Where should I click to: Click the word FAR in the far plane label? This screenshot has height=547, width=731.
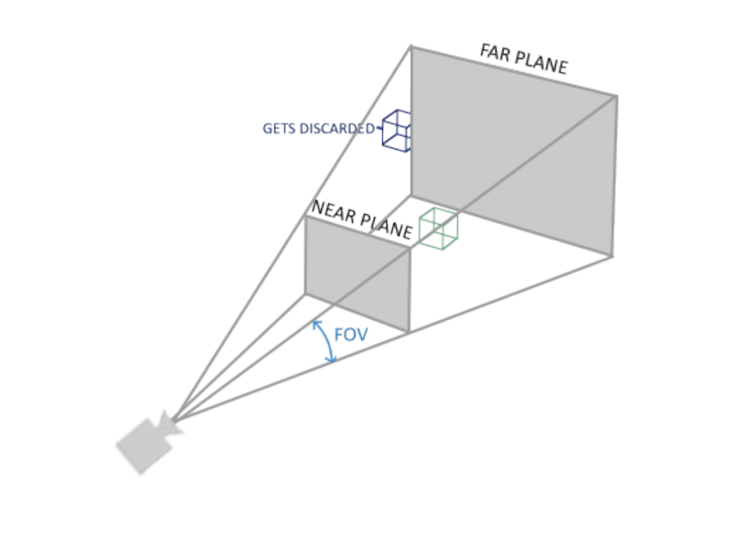coord(495,53)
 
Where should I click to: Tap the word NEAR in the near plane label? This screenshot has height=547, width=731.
coord(333,212)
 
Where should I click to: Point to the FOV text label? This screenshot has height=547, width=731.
coord(351,335)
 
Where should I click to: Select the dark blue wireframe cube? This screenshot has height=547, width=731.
coord(396,131)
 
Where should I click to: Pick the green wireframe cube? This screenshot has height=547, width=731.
coord(438,229)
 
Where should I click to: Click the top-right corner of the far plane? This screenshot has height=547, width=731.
coord(617,96)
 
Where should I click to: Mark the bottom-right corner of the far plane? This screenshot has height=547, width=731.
coord(612,256)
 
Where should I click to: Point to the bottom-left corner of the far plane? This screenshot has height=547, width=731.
coord(411,196)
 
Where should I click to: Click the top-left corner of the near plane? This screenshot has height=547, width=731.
coord(306,217)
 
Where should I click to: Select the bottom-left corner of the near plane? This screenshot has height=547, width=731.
coord(306,293)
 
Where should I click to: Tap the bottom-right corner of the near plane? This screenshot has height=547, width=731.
coord(409,332)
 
